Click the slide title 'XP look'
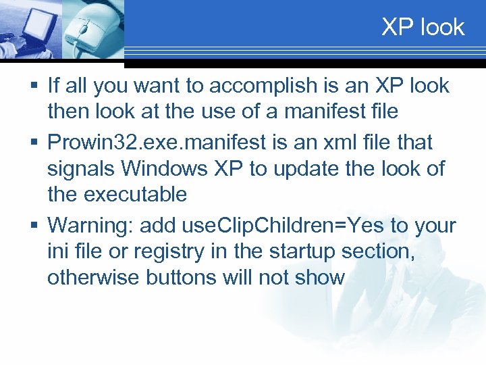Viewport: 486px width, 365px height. (423, 27)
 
